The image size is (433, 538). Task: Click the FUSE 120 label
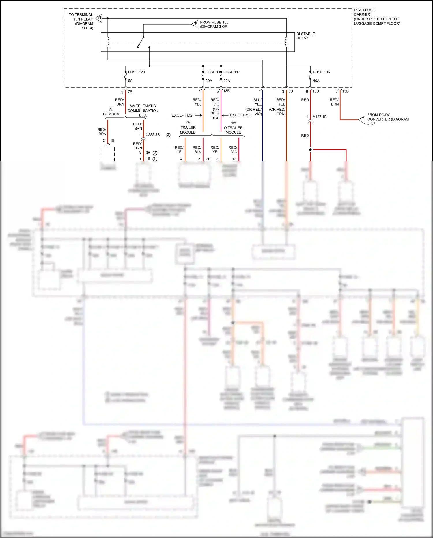[136, 72]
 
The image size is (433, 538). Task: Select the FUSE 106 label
[321, 72]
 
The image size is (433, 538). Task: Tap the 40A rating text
[316, 81]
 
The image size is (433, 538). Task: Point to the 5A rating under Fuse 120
[130, 81]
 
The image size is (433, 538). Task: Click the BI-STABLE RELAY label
[305, 36]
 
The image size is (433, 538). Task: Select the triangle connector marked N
[99, 18]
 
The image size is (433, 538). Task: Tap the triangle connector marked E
[362, 119]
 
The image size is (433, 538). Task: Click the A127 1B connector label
[320, 117]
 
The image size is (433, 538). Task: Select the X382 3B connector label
[152, 135]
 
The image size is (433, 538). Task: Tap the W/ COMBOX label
[111, 112]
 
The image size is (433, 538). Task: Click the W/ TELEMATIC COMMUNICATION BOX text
[143, 110]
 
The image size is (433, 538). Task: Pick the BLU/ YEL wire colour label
[257, 102]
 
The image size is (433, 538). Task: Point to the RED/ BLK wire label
[197, 149]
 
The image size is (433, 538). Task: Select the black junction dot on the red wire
[310, 150]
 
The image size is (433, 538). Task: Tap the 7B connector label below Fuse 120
[130, 92]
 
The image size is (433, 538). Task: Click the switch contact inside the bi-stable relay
[141, 42]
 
